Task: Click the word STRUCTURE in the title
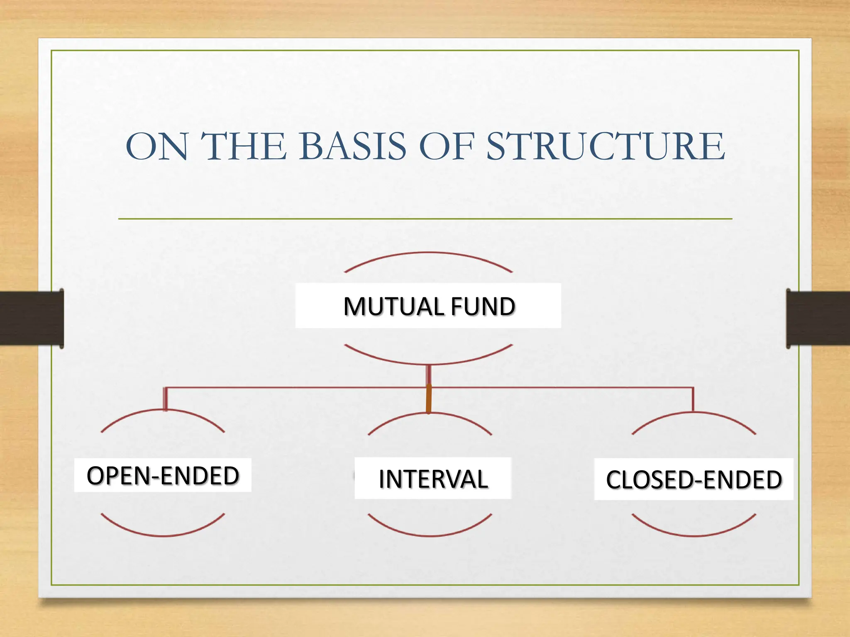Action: pyautogui.click(x=606, y=146)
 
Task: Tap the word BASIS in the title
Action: pyautogui.click(x=352, y=146)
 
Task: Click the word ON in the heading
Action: pyautogui.click(x=157, y=146)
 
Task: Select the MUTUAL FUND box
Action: pyautogui.click(x=428, y=306)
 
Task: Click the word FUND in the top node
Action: pyautogui.click(x=483, y=306)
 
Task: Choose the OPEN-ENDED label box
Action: pyautogui.click(x=163, y=475)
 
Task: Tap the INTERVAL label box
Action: pyautogui.click(x=433, y=479)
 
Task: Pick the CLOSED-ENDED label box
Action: pyautogui.click(x=694, y=479)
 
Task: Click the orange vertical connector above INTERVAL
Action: pyautogui.click(x=429, y=399)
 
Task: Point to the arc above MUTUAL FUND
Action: pyautogui.click(x=428, y=253)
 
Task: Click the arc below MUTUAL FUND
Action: pyautogui.click(x=428, y=363)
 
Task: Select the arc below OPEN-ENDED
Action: pyautogui.click(x=163, y=535)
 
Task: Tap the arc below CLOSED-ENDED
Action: pyautogui.click(x=694, y=535)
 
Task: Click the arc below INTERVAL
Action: pyautogui.click(x=430, y=535)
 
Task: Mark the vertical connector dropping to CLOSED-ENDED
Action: pyautogui.click(x=693, y=399)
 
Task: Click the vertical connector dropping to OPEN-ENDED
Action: pyautogui.click(x=165, y=399)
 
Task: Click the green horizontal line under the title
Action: pyautogui.click(x=425, y=219)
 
